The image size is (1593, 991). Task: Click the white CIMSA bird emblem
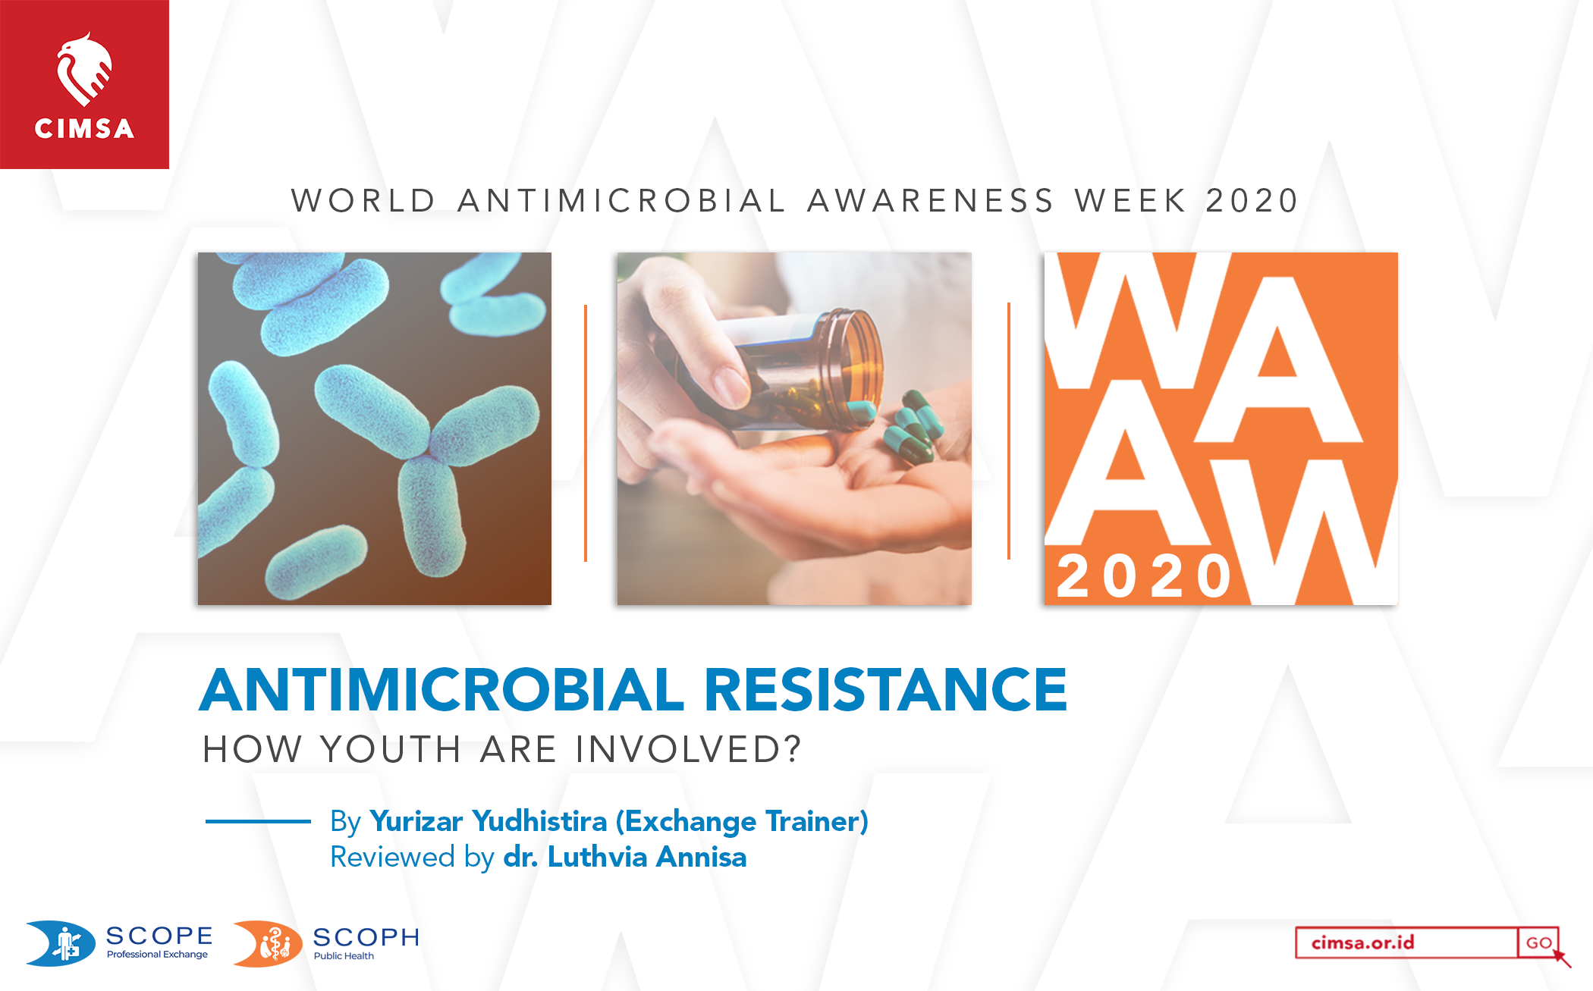click(84, 69)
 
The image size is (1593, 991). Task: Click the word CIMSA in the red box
click(84, 128)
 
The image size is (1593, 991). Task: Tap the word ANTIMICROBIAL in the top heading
click(622, 201)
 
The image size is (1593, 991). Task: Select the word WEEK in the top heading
click(1130, 201)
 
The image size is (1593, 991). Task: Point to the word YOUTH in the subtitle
click(391, 749)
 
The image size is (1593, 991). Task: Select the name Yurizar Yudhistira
click(489, 821)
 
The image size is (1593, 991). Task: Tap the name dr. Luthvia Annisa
click(625, 857)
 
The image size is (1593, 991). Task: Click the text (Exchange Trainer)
click(742, 821)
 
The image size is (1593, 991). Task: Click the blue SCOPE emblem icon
click(61, 943)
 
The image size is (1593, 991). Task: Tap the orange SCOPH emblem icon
click(268, 944)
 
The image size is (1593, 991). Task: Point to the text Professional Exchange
click(157, 954)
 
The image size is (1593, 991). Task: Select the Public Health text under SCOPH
click(344, 955)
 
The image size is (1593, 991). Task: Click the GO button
click(1538, 942)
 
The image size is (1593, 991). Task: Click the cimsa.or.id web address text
click(1362, 942)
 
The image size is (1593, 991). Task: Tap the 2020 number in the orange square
click(1144, 576)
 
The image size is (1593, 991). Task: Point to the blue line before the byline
click(258, 821)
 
